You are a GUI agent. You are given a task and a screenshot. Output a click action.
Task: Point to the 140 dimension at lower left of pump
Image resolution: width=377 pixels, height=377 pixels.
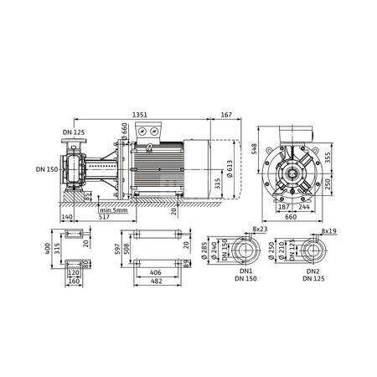click(67, 217)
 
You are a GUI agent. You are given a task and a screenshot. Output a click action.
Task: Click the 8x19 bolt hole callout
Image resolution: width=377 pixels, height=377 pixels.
click(328, 227)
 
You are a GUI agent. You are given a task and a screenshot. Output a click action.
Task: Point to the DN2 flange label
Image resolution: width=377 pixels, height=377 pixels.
click(312, 272)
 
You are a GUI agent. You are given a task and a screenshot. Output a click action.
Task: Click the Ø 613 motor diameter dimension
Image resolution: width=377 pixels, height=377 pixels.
click(228, 168)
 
